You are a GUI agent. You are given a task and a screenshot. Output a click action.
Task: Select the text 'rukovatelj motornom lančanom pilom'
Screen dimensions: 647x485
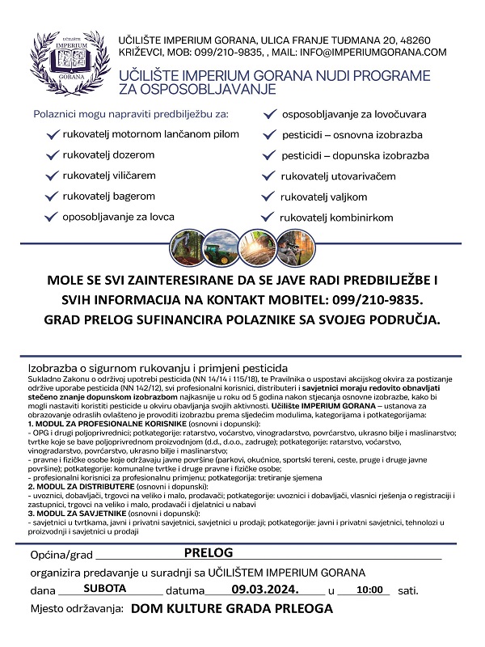click(x=150, y=133)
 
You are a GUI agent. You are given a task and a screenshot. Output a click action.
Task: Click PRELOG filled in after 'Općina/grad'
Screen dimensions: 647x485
click(x=208, y=553)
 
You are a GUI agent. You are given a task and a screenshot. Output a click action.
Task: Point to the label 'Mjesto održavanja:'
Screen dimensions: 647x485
click(x=77, y=609)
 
